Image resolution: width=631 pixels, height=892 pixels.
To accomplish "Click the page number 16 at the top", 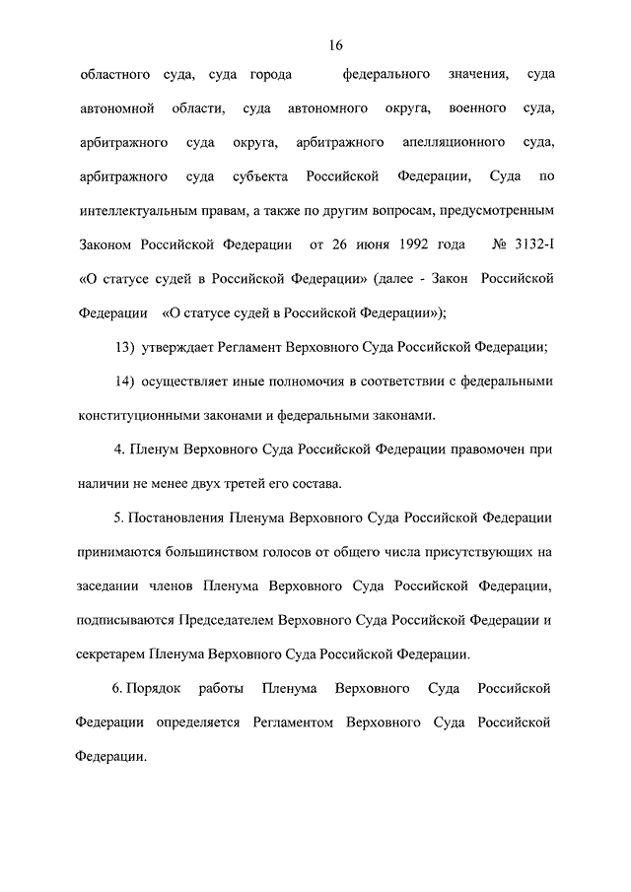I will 335,45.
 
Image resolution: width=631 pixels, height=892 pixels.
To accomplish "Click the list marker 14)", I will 125,380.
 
